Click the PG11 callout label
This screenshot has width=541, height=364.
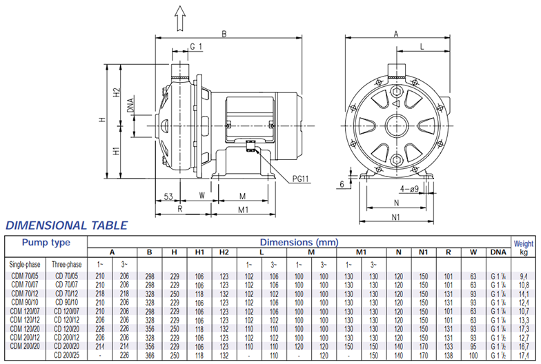(x=301, y=179)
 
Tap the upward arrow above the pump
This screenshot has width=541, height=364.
(x=179, y=18)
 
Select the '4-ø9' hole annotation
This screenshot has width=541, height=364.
(x=410, y=189)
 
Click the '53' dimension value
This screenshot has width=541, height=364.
(x=168, y=196)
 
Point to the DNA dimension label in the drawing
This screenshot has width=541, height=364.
(x=130, y=105)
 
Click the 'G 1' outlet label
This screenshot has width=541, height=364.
(x=196, y=47)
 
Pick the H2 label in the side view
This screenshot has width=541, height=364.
(x=117, y=92)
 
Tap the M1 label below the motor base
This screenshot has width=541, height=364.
(x=243, y=210)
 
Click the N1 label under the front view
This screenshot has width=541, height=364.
(x=396, y=216)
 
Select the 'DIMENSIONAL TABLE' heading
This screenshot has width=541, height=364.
(x=66, y=225)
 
